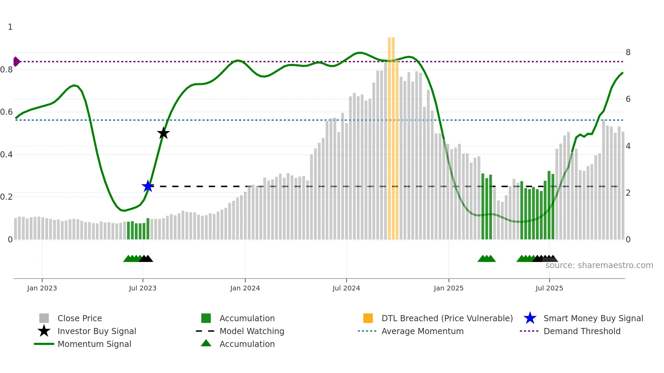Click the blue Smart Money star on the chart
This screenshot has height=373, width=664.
click(x=148, y=186)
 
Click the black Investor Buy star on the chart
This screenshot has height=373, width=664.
click(x=163, y=133)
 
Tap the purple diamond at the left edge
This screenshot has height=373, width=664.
click(x=16, y=62)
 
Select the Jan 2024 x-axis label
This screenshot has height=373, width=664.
click(x=245, y=288)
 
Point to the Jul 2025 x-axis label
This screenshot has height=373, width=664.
click(x=549, y=288)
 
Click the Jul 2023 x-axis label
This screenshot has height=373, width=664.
click(x=143, y=288)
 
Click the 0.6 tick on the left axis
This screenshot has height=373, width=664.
click(x=6, y=112)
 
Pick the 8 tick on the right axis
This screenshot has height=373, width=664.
click(x=628, y=52)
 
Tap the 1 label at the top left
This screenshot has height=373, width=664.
click(x=10, y=27)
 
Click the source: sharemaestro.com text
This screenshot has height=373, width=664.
click(x=599, y=265)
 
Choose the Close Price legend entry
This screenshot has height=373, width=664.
click(x=80, y=318)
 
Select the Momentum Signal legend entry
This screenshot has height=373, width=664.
click(x=94, y=344)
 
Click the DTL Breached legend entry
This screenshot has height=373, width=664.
click(x=447, y=318)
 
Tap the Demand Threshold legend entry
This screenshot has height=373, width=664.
click(x=582, y=331)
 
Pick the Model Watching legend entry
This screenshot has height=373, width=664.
click(x=252, y=331)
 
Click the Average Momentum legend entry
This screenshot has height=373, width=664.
click(x=422, y=331)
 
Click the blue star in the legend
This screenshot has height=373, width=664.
click(x=530, y=318)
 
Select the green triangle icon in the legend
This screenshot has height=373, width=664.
click(x=206, y=343)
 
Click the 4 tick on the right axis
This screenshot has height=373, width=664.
click(x=628, y=146)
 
